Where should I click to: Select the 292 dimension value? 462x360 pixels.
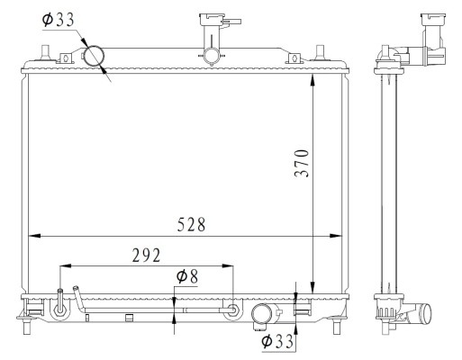(145, 255)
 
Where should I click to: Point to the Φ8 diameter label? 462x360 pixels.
(186, 276)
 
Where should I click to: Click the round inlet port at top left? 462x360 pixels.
(95, 56)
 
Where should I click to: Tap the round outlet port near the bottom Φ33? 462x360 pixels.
(263, 314)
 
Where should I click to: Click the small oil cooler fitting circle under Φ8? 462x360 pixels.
(233, 310)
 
